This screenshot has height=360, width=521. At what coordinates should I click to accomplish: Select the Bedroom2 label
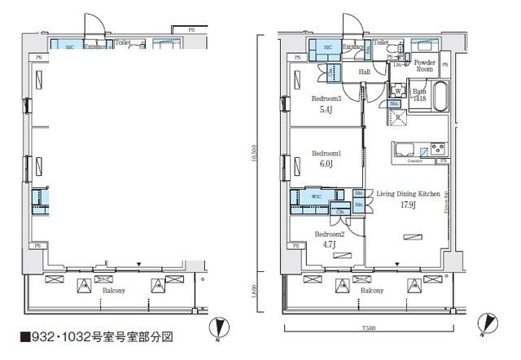(329, 234)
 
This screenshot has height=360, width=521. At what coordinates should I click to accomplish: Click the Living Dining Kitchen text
(408, 194)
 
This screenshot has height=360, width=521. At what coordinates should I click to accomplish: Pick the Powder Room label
(425, 66)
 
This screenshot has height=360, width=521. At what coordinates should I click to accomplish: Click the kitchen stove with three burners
(437, 148)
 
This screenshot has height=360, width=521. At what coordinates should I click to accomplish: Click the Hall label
(366, 72)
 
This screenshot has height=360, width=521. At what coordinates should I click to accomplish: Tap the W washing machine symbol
(397, 90)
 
